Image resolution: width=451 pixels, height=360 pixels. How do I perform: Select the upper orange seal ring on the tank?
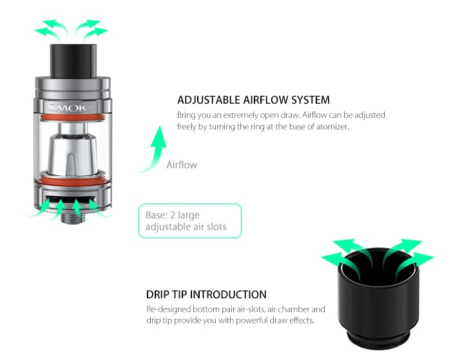[x=72, y=117]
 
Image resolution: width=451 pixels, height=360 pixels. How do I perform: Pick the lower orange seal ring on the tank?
[x=72, y=175]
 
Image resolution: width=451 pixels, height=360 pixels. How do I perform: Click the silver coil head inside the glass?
[x=73, y=147]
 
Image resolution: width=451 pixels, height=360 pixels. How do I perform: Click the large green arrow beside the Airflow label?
[x=153, y=149]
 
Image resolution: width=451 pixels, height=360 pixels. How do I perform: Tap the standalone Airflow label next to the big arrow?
[x=182, y=165]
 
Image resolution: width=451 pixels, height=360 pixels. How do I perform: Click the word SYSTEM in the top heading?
[x=309, y=100]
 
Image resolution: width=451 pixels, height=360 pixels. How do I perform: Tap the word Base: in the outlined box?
[x=157, y=215]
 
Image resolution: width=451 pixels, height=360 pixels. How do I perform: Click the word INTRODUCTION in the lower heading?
[x=227, y=295]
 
